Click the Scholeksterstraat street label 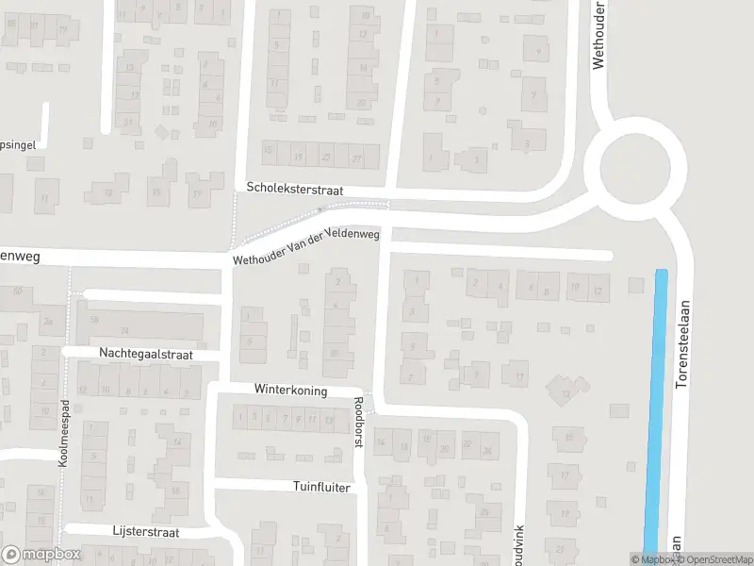pyautogui.click(x=294, y=190)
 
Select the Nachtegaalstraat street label pyautogui.click(x=145, y=354)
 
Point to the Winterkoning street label pyautogui.click(x=290, y=389)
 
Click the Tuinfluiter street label pyautogui.click(x=321, y=488)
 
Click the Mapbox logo pyautogui.click(x=40, y=555)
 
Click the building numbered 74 pyautogui.click(x=124, y=330)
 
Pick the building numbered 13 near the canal pyautogui.click(x=565, y=391)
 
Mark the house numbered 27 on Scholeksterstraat pyautogui.click(x=356, y=157)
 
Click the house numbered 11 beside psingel pyautogui.click(x=43, y=198)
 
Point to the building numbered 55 pyautogui.click(x=93, y=320)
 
